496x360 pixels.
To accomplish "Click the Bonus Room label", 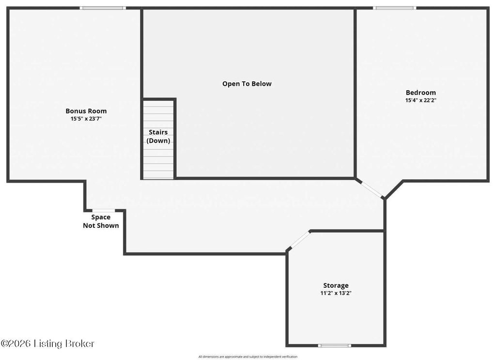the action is point(86,111).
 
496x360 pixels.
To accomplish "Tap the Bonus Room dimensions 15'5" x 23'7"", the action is point(86,119).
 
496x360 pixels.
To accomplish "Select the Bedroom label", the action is point(421,93).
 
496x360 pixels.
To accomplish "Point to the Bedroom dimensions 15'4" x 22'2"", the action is point(421,100).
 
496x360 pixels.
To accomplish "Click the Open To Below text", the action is point(247,84).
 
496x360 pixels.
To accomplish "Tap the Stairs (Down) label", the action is point(158,136).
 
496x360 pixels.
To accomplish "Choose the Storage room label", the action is point(336,285).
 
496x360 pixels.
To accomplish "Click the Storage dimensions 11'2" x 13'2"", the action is point(336,293).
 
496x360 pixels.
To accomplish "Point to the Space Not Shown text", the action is point(101,221).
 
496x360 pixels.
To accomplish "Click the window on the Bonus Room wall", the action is point(103,8).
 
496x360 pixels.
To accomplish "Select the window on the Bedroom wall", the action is point(394,8).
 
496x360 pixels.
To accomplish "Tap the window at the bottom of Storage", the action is point(334,345).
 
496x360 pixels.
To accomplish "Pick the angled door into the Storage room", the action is point(300,239).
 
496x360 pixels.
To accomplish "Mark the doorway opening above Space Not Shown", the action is point(104,211).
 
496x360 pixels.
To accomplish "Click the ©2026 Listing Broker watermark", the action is point(47,344).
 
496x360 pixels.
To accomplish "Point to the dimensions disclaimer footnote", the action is point(248,357).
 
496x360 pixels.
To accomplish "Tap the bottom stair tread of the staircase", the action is point(158,175).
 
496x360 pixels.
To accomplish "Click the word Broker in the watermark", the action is point(80,344).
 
